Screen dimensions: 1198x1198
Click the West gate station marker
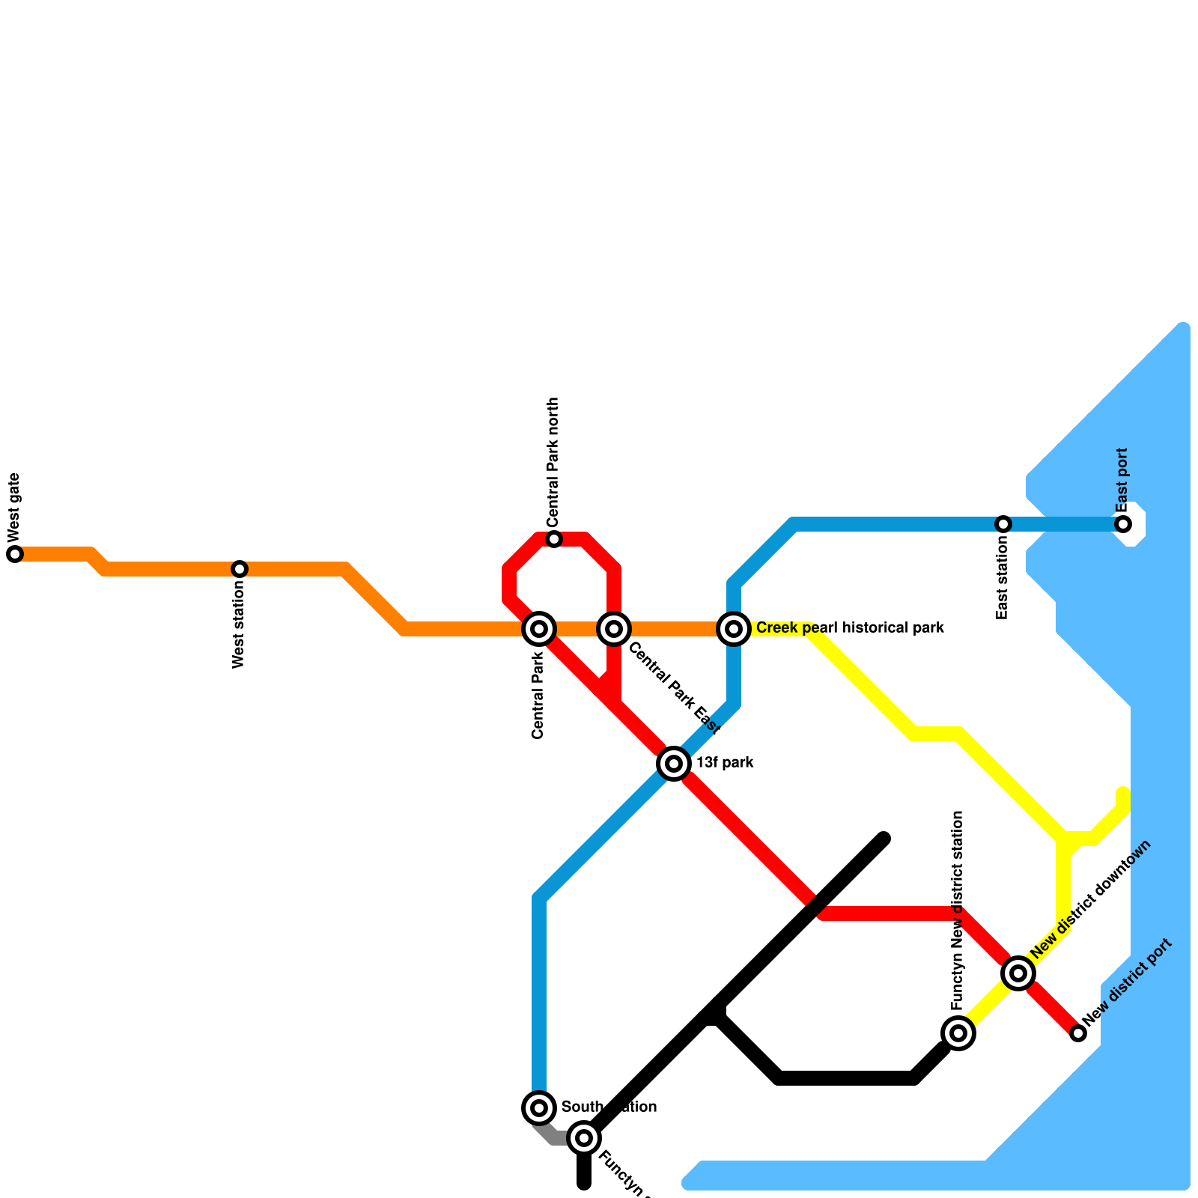[15, 554]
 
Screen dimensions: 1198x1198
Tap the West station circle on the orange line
[240, 569]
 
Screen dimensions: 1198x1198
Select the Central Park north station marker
[554, 539]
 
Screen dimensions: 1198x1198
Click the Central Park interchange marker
[539, 629]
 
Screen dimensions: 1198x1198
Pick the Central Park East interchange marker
[614, 629]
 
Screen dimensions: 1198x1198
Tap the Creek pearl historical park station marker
[734, 629]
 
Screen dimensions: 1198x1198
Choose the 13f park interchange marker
[674, 764]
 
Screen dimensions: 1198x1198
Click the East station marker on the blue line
[1003, 524]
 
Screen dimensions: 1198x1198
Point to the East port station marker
[1123, 524]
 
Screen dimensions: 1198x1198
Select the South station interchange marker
[539, 1108]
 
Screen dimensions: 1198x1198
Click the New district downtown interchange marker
[1018, 973]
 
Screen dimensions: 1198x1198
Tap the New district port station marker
[1078, 1033]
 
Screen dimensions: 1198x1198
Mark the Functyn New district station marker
[958, 1033]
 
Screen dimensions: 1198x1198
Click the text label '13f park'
[725, 764]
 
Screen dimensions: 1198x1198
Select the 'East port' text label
[1122, 480]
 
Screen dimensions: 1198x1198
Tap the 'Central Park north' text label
[553, 462]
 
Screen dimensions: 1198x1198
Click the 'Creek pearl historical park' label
[850, 628]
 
